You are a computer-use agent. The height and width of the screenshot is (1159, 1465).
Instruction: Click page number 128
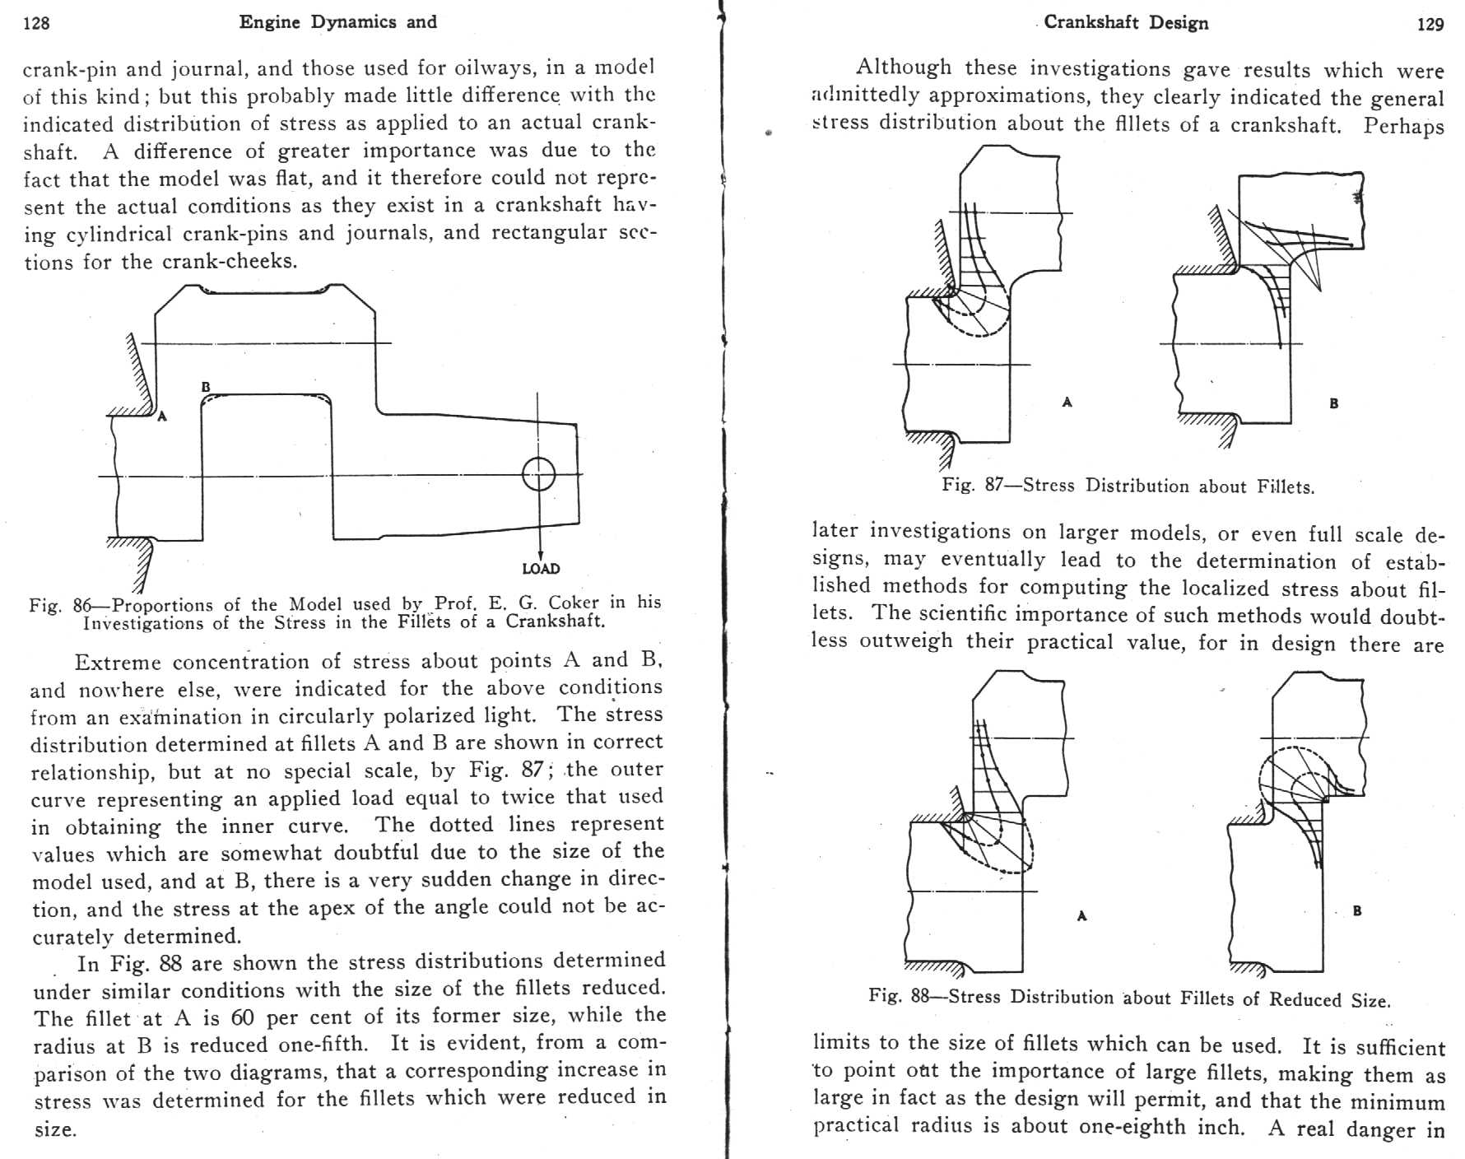point(36,23)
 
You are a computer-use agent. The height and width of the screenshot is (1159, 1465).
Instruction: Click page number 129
point(1430,25)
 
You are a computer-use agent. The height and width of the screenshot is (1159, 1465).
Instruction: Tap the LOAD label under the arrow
point(541,569)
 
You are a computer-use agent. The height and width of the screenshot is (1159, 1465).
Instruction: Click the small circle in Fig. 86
point(539,474)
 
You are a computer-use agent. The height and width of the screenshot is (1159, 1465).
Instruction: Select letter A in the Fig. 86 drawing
point(162,417)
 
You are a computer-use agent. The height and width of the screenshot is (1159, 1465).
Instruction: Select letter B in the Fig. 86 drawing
point(205,386)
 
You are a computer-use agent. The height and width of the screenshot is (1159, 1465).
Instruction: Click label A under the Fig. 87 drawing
point(1067,402)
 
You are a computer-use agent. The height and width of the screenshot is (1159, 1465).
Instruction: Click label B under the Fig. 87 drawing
point(1333,403)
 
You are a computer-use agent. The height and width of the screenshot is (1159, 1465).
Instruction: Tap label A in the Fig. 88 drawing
point(1081,915)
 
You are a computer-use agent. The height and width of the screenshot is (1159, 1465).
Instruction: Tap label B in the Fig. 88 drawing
point(1357,910)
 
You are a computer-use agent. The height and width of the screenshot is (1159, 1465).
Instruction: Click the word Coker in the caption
point(574,603)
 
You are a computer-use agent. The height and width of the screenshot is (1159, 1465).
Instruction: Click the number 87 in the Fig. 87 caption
point(993,484)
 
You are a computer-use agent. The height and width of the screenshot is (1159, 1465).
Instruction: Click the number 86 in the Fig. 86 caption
point(82,606)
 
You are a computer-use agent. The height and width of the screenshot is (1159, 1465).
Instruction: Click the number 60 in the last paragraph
point(242,1017)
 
